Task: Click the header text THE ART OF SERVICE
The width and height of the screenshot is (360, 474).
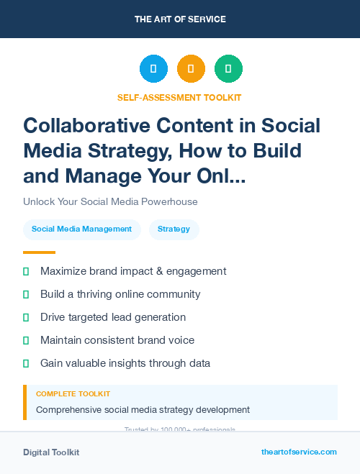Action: coord(180,19)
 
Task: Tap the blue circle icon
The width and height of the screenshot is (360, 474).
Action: coord(153,69)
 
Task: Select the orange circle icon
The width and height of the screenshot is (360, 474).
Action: coord(191,69)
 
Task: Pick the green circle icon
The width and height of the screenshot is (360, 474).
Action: coord(228,69)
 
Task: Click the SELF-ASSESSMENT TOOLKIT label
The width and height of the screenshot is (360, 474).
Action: coord(179,97)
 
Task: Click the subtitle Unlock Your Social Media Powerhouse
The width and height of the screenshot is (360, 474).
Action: coord(110,201)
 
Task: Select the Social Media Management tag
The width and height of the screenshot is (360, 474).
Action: coord(81,229)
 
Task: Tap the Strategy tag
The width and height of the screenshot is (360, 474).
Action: coord(174,229)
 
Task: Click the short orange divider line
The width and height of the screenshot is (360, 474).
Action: coord(39,252)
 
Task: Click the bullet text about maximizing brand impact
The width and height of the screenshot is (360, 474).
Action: coord(133,271)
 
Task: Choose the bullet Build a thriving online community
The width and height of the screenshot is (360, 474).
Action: coord(120,294)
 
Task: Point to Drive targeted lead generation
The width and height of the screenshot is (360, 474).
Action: coord(113,317)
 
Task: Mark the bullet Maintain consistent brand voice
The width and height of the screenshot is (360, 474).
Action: coord(117,340)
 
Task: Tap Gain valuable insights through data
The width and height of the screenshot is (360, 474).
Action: coord(125,363)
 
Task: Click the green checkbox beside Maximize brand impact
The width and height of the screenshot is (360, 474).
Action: coord(26,271)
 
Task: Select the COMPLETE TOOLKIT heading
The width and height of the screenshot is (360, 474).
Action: coord(73,394)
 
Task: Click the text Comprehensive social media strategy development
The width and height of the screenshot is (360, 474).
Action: coord(143,410)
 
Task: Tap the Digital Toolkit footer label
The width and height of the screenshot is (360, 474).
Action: coord(51,452)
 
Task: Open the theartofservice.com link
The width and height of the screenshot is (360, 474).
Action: coord(299,452)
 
